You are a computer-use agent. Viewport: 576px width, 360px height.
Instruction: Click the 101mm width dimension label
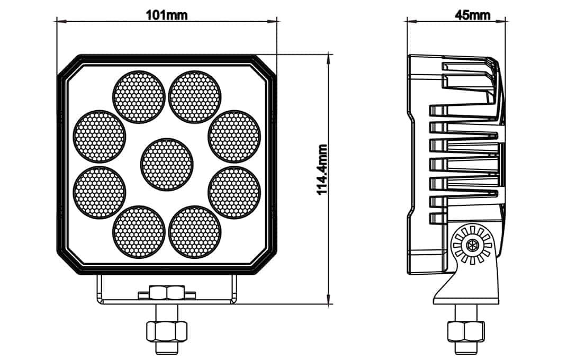[x=167, y=15]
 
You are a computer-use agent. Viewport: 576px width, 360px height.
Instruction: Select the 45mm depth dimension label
[x=472, y=15]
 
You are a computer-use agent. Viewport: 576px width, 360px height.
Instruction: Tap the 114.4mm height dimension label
[x=322, y=170]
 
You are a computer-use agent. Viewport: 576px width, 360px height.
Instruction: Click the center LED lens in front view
[x=167, y=164]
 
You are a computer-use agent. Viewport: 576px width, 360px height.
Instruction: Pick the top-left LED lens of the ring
[x=139, y=96]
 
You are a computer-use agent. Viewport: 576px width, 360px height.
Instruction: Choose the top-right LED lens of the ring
[x=195, y=96]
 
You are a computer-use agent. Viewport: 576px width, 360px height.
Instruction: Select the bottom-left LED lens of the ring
[x=139, y=232]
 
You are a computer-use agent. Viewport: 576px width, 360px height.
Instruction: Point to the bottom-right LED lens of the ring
[x=195, y=232]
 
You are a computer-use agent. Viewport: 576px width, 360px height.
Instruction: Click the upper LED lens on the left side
[x=100, y=136]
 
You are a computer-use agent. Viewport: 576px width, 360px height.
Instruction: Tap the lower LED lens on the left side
[x=100, y=193]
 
